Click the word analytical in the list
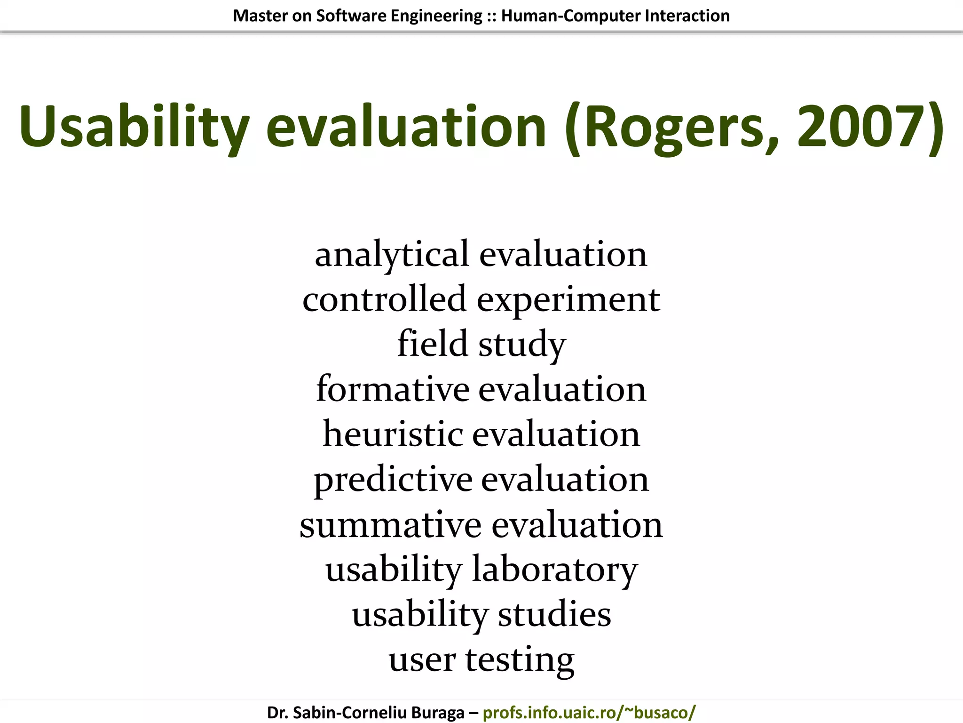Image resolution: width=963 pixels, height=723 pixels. click(x=392, y=255)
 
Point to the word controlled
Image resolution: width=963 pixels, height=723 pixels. click(x=384, y=299)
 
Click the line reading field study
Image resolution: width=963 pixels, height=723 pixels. click(x=481, y=344)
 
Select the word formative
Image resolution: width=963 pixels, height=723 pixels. click(x=393, y=389)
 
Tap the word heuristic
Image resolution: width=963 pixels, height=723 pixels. click(x=393, y=434)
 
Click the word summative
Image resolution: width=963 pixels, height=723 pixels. click(x=390, y=524)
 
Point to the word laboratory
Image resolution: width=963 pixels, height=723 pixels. click(x=555, y=570)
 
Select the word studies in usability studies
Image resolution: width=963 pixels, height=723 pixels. click(x=554, y=615)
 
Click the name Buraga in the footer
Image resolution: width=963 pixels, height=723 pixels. click(x=435, y=713)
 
